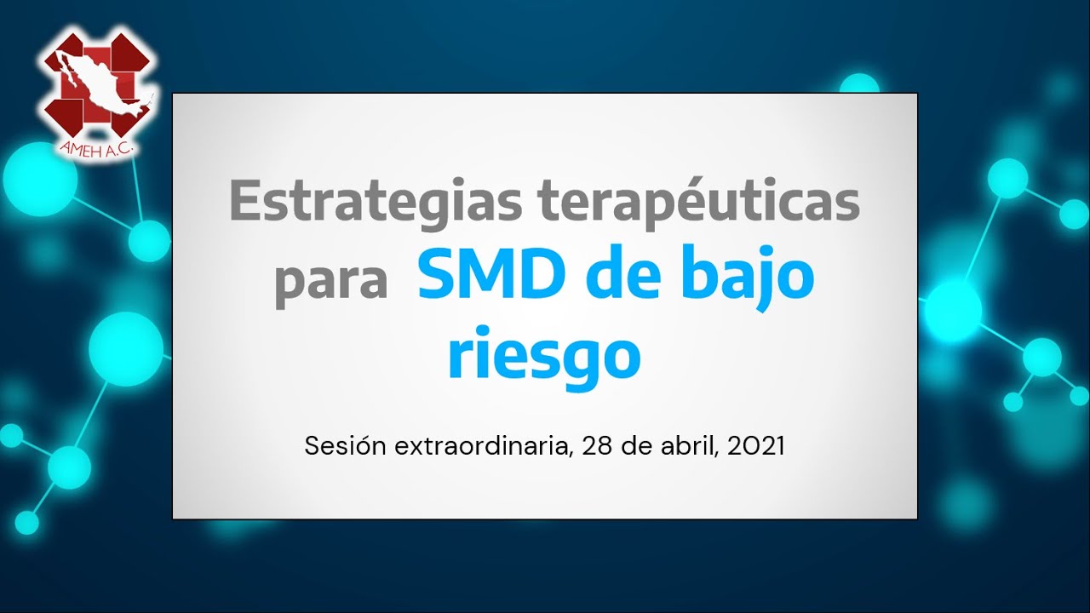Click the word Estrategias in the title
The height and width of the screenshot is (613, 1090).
point(376,203)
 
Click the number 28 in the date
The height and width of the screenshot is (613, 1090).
point(597,446)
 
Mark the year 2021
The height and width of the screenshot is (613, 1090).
point(755,446)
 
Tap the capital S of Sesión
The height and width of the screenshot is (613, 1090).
point(312,445)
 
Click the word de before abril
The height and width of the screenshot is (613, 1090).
point(636,445)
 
